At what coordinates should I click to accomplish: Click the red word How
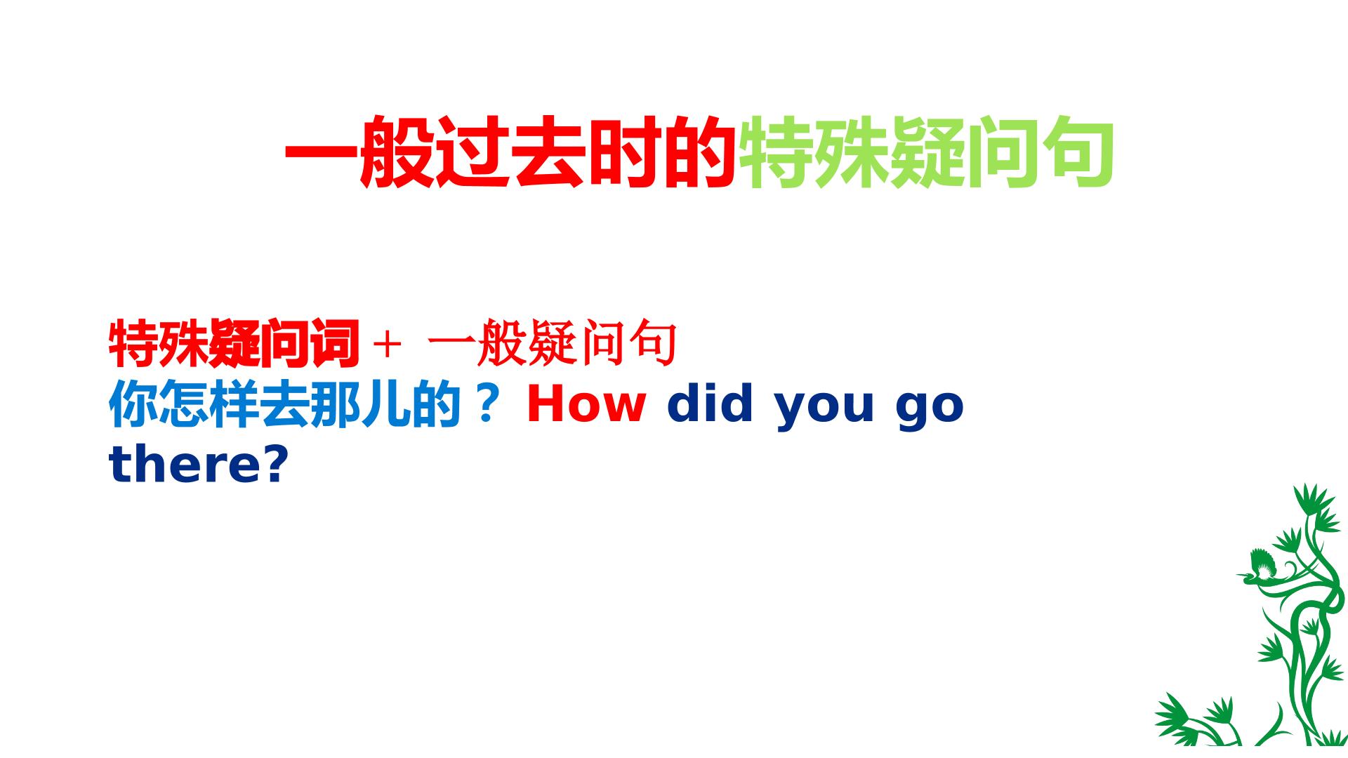pos(586,405)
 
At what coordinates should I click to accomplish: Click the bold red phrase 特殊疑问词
pos(234,344)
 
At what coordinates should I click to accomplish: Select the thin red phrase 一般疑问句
pos(552,344)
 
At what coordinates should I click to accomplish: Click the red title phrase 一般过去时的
pos(510,153)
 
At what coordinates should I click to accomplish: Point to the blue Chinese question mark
pos(486,405)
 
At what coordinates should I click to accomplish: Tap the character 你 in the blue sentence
pos(133,405)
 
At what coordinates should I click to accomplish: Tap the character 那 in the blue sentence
pos(335,405)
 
